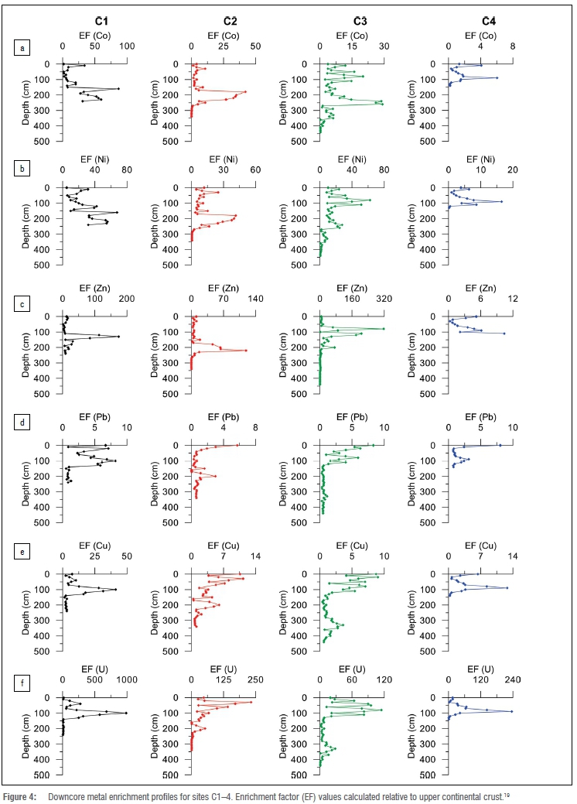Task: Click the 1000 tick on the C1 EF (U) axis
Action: point(126,680)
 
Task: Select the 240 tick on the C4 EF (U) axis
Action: point(512,680)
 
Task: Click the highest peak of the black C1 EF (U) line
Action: point(126,713)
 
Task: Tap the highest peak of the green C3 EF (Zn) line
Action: point(384,329)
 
